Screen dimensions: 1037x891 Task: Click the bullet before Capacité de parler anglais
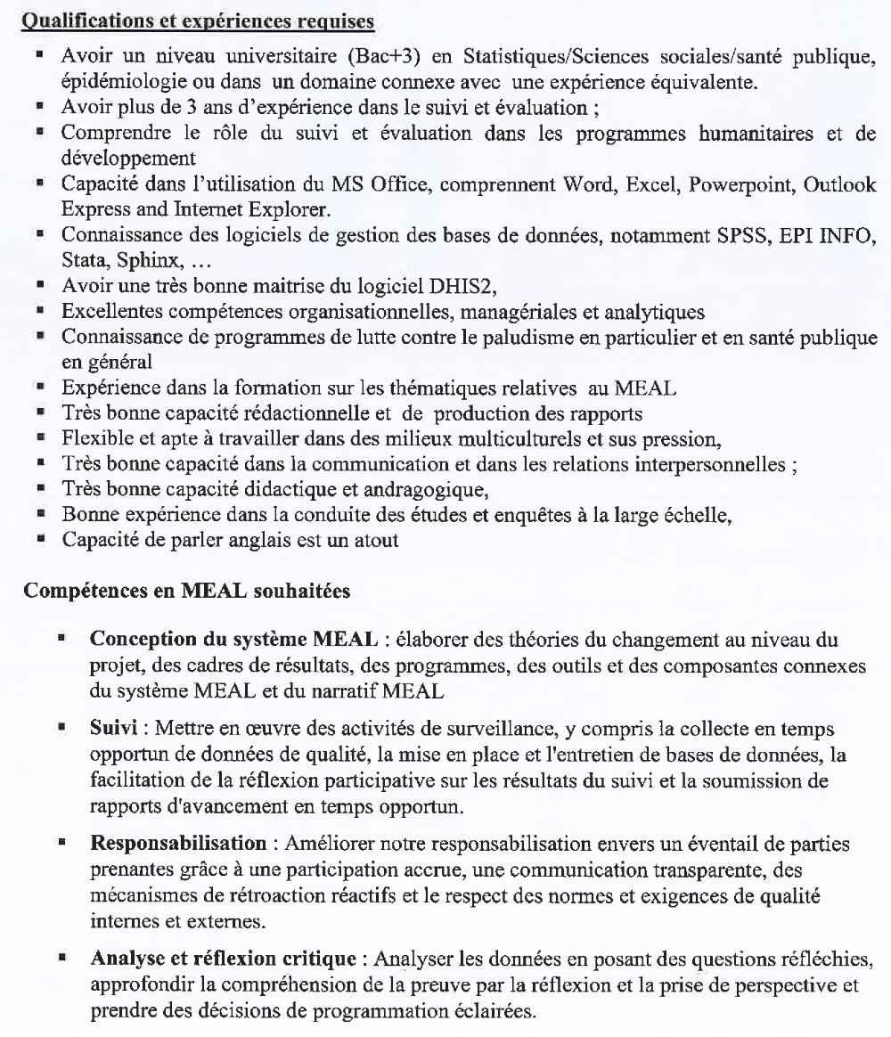pos(40,539)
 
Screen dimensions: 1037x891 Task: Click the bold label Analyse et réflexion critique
pos(224,959)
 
